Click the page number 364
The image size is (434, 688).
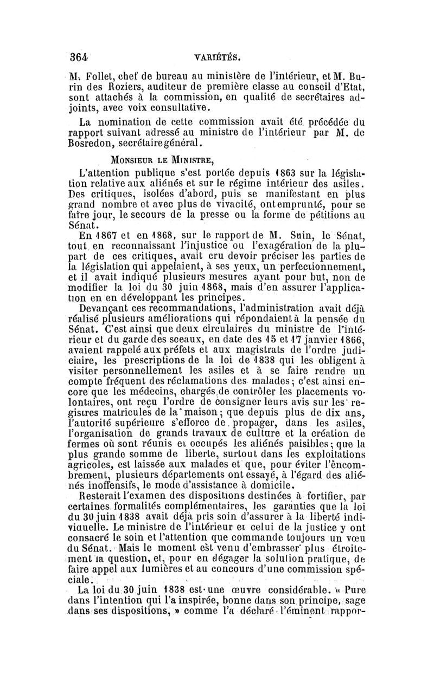coord(79,56)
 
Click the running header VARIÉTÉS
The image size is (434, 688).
coord(218,57)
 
